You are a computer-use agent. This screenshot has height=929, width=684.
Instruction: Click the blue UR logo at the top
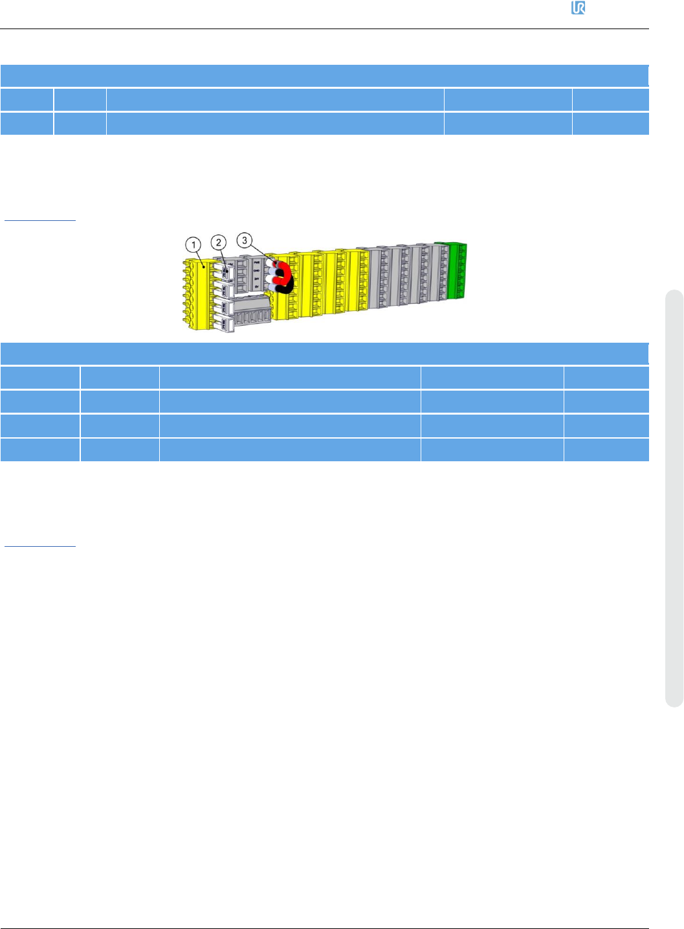click(578, 8)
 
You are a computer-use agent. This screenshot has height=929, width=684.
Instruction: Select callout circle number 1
click(193, 245)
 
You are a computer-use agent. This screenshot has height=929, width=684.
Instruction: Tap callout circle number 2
click(219, 242)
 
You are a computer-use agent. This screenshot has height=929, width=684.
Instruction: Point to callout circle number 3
click(244, 240)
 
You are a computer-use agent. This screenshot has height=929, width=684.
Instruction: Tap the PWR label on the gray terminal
click(257, 262)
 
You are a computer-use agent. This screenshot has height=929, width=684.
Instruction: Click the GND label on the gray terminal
click(257, 270)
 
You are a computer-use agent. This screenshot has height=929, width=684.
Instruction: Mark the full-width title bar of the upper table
click(324, 76)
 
